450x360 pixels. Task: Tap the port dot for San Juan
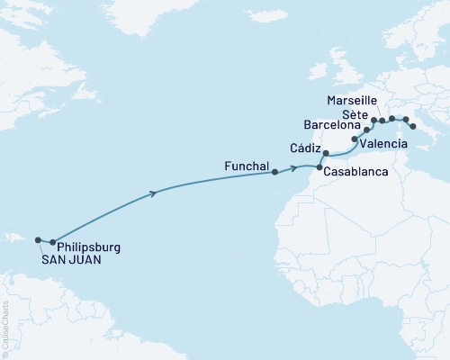point(38,240)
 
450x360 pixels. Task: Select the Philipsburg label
point(88,246)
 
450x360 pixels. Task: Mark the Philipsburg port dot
point(53,242)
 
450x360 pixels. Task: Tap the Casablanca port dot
point(319,168)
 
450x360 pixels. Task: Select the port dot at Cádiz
point(326,154)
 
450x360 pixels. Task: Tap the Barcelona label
point(332,127)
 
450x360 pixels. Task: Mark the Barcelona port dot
point(366,130)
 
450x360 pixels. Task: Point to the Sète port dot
point(373,120)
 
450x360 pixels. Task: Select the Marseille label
point(354,99)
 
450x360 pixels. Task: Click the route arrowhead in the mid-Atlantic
point(158,192)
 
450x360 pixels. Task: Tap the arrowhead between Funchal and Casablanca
point(295,167)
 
